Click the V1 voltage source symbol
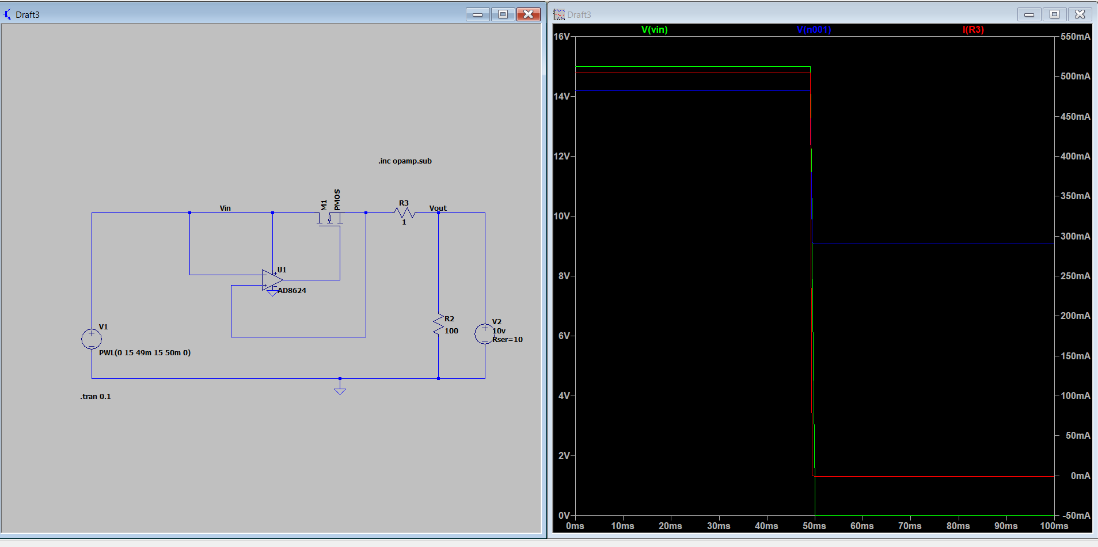click(92, 339)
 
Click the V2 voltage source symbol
click(485, 334)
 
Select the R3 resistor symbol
click(404, 213)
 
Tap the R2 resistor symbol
click(439, 325)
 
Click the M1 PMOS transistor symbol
click(330, 219)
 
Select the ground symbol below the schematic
click(340, 390)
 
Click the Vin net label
click(225, 208)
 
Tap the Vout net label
click(438, 208)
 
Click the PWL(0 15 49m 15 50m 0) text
click(145, 352)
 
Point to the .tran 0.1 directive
click(96, 396)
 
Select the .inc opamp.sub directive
click(405, 161)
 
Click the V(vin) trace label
click(655, 29)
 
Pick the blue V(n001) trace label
click(814, 29)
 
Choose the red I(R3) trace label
click(974, 29)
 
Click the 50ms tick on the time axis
click(815, 526)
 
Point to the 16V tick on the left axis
click(562, 36)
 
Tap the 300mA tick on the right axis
click(1076, 236)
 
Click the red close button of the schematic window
click(528, 14)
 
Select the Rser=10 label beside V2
click(507, 339)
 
